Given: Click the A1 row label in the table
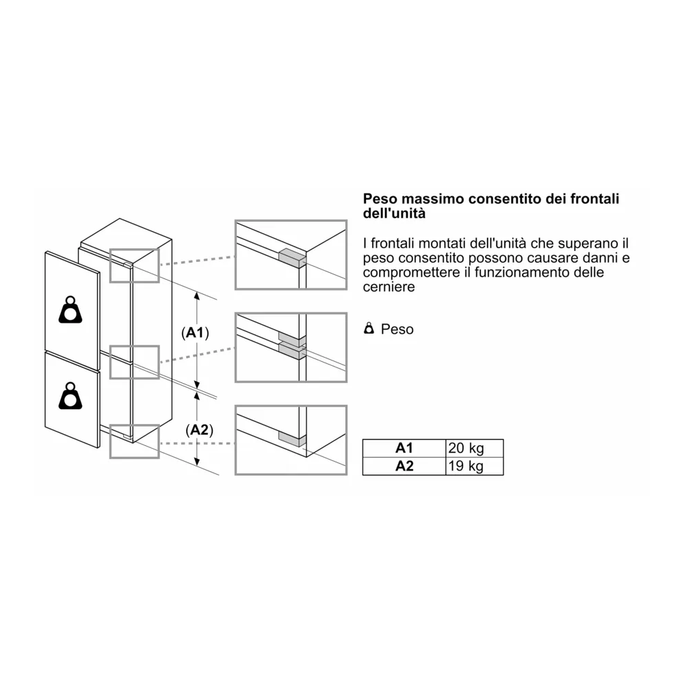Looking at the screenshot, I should pyautogui.click(x=404, y=449).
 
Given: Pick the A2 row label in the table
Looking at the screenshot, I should pyautogui.click(x=404, y=466).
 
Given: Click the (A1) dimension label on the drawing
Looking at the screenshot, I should pyautogui.click(x=196, y=333).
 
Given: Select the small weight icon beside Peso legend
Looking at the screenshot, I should pyautogui.click(x=369, y=329).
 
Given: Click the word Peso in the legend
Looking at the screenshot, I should pyautogui.click(x=397, y=329).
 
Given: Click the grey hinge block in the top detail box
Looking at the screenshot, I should pyautogui.click(x=290, y=257).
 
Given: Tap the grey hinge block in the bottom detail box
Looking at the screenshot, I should pyautogui.click(x=290, y=438).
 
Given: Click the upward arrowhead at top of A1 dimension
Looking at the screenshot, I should pyautogui.click(x=198, y=295).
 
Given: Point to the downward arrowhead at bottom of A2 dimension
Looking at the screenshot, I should pyautogui.click(x=198, y=462).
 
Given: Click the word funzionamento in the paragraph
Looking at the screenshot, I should pyautogui.click(x=532, y=273).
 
